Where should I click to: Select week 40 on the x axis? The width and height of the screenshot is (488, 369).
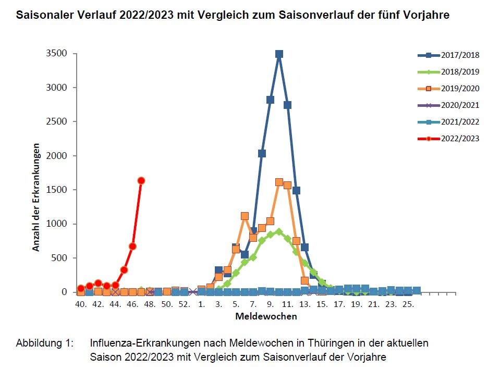(81, 304)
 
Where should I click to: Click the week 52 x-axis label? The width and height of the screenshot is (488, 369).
(184, 304)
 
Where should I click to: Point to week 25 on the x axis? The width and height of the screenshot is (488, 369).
(408, 304)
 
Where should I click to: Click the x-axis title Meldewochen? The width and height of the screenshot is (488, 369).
(266, 316)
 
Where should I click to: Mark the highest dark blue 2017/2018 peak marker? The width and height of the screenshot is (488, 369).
(279, 54)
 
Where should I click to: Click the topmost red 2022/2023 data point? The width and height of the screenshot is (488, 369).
(141, 180)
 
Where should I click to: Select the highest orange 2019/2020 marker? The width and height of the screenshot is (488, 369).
(279, 182)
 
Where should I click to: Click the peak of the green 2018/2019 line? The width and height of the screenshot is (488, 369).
(279, 231)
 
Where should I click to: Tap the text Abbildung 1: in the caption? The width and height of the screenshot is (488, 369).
(45, 344)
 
